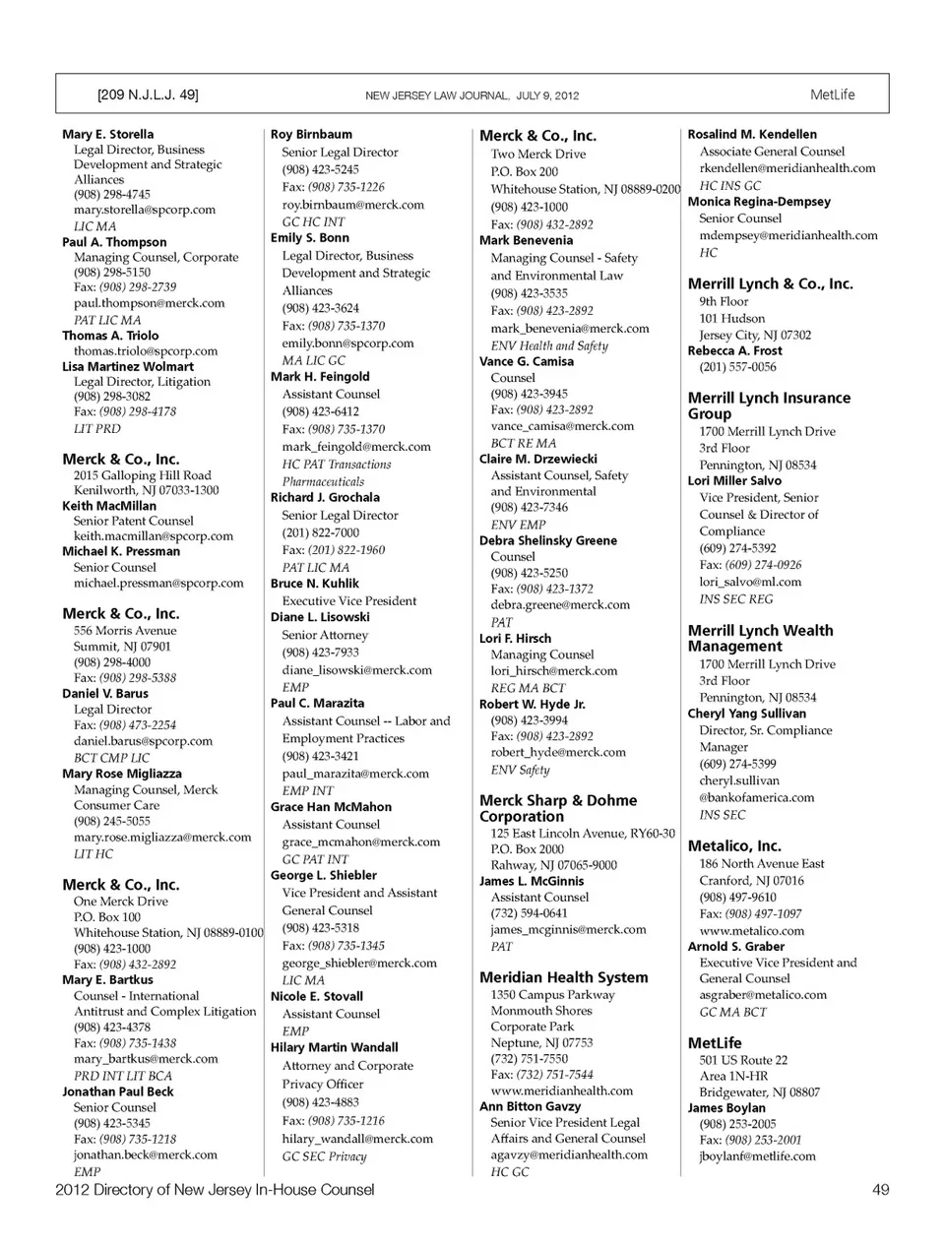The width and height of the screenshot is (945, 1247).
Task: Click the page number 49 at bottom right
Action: [x=880, y=1189]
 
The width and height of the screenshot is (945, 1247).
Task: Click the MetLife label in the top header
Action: [x=832, y=94]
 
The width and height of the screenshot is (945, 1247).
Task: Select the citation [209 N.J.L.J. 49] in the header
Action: [x=148, y=94]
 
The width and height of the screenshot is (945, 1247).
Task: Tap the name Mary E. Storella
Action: [x=107, y=134]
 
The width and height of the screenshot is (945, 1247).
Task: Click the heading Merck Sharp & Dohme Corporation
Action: [x=557, y=808]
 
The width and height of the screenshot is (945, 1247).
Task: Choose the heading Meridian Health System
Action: [x=563, y=977]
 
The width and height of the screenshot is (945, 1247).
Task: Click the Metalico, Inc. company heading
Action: [x=734, y=845]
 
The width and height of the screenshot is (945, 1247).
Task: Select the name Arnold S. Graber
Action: [x=735, y=946]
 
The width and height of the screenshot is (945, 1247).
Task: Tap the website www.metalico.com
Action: [x=751, y=930]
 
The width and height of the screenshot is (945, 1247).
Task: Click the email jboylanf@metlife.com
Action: [x=757, y=1156]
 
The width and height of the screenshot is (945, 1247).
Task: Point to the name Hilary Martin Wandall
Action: [x=334, y=1047]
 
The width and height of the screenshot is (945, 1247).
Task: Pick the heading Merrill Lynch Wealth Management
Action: [x=760, y=638]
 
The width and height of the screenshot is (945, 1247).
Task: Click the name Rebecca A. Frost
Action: [x=734, y=350]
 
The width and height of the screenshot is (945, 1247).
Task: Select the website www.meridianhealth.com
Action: [x=561, y=1091]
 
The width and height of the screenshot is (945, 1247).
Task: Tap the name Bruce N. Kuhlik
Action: [x=314, y=583]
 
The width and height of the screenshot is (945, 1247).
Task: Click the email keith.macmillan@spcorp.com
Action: [x=153, y=536]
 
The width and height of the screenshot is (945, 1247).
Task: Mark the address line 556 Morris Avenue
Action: [x=125, y=630]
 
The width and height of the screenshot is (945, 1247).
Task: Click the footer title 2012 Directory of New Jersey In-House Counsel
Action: [x=215, y=1189]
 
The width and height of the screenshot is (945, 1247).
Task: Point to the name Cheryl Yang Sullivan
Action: [x=746, y=714]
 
